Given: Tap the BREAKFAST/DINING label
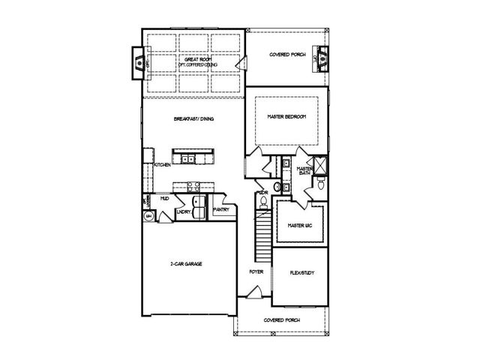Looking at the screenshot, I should [193, 118].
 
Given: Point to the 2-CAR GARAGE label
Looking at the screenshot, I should [187, 264].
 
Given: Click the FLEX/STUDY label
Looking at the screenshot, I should [301, 274].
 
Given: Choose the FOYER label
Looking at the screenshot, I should [256, 272].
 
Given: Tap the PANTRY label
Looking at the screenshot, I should [221, 210].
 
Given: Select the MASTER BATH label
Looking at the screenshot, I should [304, 171].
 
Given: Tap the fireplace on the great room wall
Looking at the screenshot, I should [139, 64].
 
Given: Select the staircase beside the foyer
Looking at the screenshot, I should [262, 232].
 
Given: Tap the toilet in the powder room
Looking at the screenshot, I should [276, 186].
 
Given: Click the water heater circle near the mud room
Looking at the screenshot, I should [149, 216].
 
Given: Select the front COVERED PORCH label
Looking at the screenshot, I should [282, 320].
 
